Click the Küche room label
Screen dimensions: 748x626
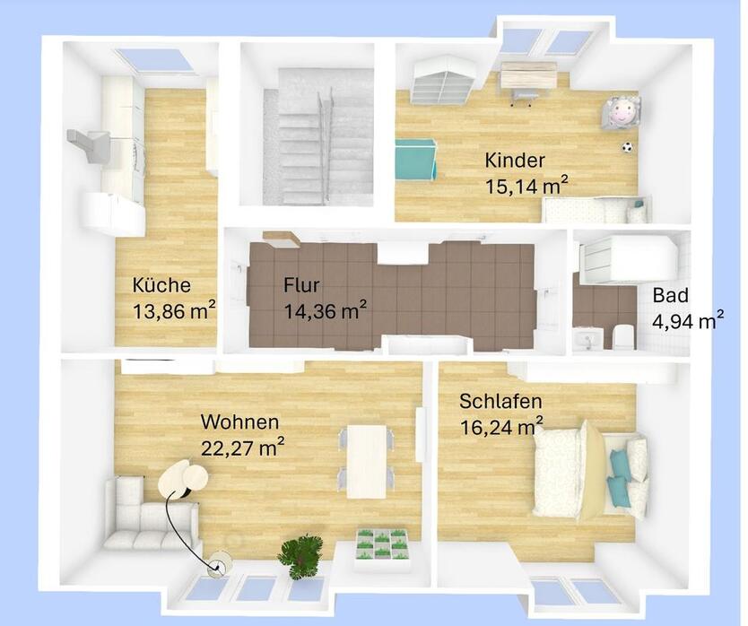click(161, 285)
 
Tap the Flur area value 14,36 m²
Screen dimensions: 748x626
click(326, 311)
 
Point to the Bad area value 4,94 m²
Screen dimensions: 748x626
click(688, 321)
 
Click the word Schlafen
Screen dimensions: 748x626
click(500, 402)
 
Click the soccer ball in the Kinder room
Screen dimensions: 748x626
click(627, 147)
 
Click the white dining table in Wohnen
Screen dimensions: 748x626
click(366, 461)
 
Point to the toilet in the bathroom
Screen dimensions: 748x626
click(622, 336)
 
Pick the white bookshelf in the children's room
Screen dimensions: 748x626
click(445, 80)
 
